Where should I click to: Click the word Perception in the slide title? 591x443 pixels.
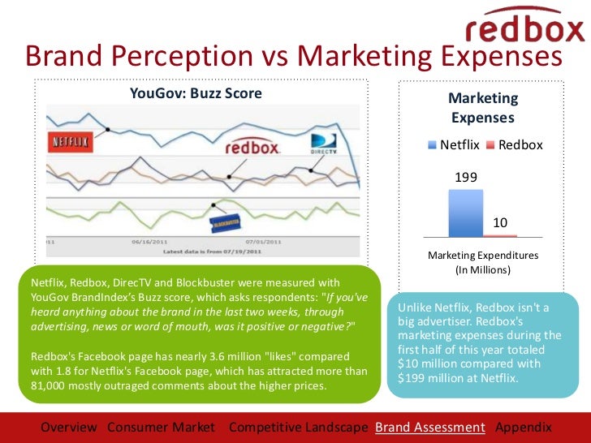(198, 57)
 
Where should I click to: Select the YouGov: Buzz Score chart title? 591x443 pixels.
(196, 93)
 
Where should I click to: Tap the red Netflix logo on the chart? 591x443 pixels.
(71, 139)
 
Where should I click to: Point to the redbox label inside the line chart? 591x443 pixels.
(252, 148)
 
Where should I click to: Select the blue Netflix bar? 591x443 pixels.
(465, 213)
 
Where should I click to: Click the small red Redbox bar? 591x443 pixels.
(502, 234)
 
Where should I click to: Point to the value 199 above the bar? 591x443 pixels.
(465, 177)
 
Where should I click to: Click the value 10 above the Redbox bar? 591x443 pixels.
(501, 222)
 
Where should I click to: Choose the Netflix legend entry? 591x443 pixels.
(454, 144)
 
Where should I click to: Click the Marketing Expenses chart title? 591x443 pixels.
(483, 108)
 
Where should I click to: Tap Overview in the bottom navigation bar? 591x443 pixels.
(69, 427)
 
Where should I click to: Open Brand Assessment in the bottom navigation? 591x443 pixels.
(429, 427)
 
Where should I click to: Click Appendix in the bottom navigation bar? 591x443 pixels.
(523, 427)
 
